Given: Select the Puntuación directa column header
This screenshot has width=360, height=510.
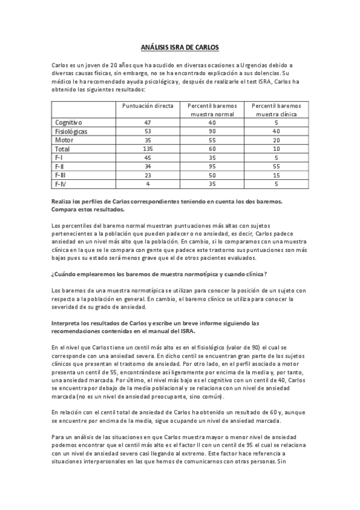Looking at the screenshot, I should tap(148, 105).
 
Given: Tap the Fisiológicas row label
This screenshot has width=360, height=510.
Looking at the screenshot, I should tap(71, 131).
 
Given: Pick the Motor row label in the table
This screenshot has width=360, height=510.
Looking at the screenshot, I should tap(63, 140).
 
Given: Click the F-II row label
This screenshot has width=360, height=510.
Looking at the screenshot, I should tap(59, 166).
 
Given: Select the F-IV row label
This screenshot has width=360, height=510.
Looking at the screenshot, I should tap(60, 183).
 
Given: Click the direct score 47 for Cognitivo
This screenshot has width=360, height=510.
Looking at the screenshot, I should tap(148, 121).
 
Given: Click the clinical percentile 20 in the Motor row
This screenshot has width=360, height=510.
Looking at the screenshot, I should tap(276, 140).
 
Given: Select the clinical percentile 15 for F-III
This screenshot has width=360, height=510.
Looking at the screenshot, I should tap(276, 174).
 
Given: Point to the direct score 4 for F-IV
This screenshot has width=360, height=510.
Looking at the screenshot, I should tap(148, 183).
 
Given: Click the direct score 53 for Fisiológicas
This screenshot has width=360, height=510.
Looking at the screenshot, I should tap(148, 131).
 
